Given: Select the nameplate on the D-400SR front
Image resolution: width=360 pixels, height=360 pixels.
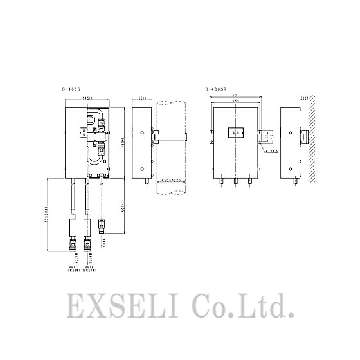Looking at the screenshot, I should tap(237, 133).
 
